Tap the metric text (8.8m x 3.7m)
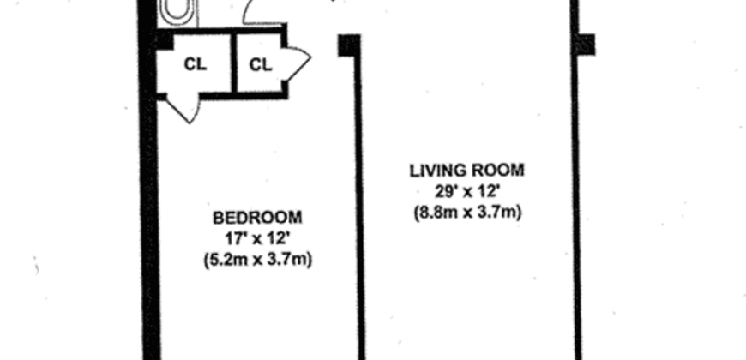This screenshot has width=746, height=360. [466, 212]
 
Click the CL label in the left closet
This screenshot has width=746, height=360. [195, 64]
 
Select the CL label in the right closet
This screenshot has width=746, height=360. [260, 64]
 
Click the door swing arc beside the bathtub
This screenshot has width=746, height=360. [256, 12]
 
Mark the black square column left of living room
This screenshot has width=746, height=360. [348, 45]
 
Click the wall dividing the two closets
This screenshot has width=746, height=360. [233, 64]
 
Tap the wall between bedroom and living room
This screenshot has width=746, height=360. [359, 214]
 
